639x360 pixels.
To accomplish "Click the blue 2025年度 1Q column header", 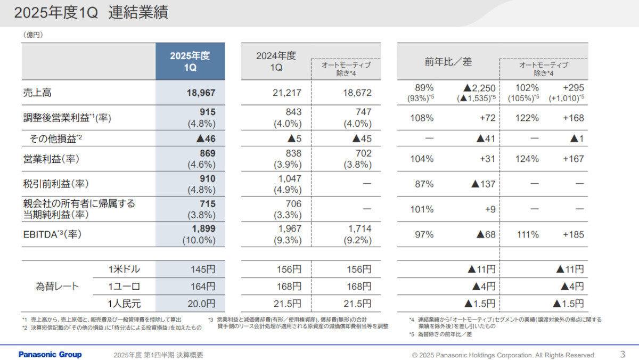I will coord(190,61).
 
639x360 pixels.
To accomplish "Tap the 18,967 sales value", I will coord(201,93).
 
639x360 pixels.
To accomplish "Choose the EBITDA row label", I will coord(52,234).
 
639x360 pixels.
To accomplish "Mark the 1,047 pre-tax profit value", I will coord(289,178).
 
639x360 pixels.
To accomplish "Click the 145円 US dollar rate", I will coord(203,269).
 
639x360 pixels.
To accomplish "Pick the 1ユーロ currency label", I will coord(124,287).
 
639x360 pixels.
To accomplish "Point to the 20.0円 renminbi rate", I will coord(203,304).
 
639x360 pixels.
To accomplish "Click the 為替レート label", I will coord(54,287).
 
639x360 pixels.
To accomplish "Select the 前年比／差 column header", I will coord(448,62).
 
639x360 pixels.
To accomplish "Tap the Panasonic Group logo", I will coord(50,355).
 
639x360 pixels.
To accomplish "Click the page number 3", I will coord(622,354).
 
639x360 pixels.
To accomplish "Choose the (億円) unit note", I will coord(33,35).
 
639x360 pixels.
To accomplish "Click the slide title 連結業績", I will coord(138,13).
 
